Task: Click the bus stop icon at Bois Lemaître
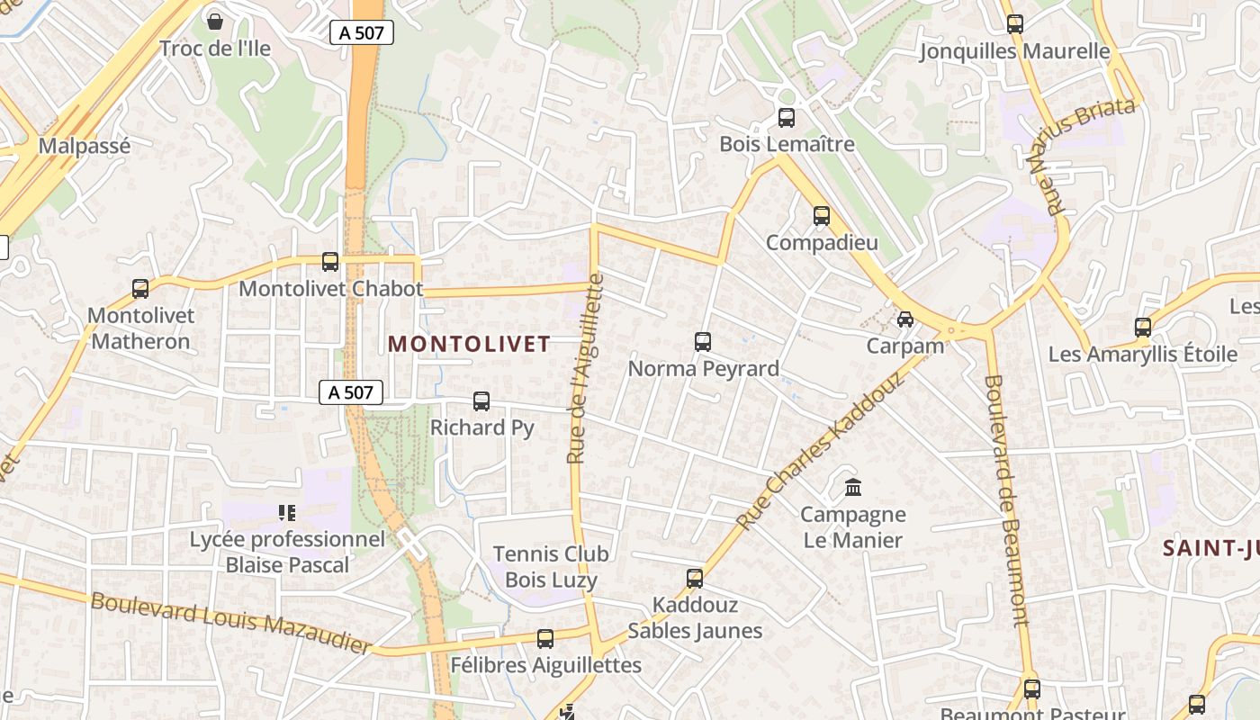[x=786, y=118]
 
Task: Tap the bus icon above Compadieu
[x=821, y=216]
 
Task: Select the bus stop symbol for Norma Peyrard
[x=703, y=342]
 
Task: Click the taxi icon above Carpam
[x=904, y=319]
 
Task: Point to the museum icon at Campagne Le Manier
[x=852, y=488]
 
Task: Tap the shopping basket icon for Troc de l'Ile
[x=214, y=21]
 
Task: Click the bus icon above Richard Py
[x=481, y=401]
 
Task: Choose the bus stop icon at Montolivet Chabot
[x=330, y=262]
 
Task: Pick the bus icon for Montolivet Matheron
[x=140, y=289]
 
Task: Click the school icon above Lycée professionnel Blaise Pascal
[x=287, y=513]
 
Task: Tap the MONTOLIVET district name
[x=469, y=344]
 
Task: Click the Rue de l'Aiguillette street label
[x=585, y=369]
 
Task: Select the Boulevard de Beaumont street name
[x=1006, y=499]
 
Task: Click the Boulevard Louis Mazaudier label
[x=230, y=621]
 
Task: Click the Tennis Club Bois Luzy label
[x=551, y=567]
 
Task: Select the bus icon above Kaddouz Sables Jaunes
[x=694, y=579]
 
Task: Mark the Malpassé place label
[x=85, y=146]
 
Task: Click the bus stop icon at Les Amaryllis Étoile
[x=1143, y=328]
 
